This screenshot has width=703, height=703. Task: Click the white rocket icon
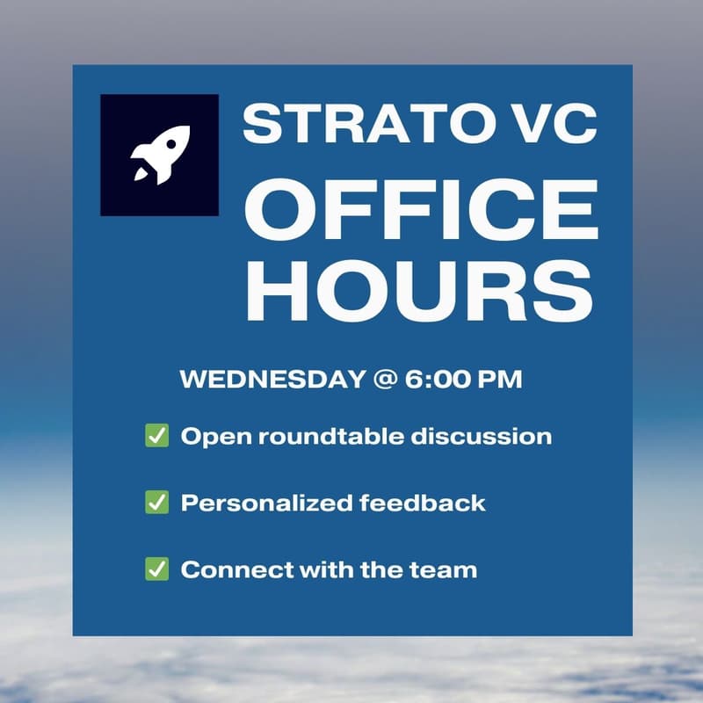click(160, 154)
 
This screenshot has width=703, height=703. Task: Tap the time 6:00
click(435, 380)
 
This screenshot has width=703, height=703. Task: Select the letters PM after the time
click(500, 380)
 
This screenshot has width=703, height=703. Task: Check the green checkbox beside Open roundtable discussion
click(156, 436)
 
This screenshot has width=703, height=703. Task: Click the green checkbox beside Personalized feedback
click(156, 503)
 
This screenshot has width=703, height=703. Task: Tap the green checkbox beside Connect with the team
click(156, 569)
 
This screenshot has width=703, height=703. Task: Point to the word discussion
click(490, 436)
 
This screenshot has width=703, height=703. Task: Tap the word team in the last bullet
click(444, 569)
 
